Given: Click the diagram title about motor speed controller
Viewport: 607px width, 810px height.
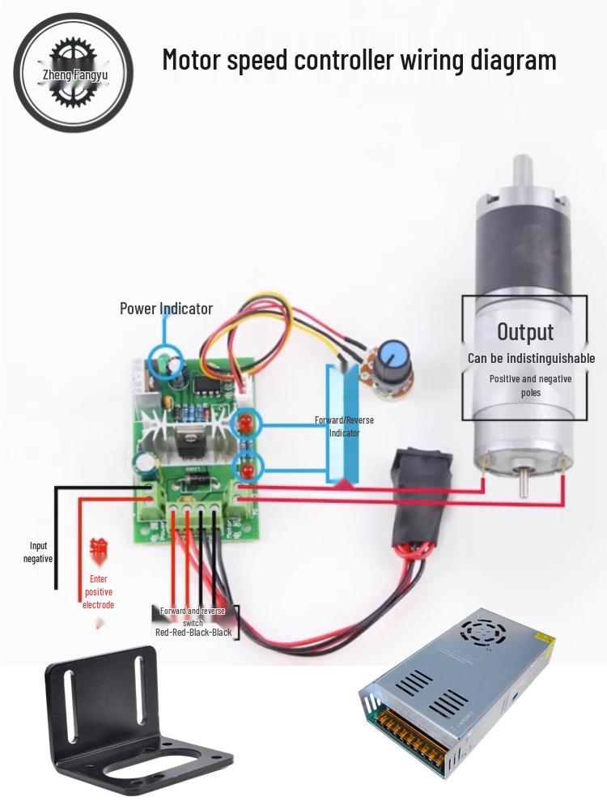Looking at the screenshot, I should (x=359, y=60).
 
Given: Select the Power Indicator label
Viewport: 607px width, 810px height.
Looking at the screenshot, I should (x=166, y=309).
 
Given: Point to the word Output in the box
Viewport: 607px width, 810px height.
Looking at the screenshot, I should (x=525, y=331).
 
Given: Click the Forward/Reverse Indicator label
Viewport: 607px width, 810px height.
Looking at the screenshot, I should (x=344, y=426).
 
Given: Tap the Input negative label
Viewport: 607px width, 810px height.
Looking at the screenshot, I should (x=38, y=552).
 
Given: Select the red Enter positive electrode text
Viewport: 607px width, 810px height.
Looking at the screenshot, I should (x=98, y=592).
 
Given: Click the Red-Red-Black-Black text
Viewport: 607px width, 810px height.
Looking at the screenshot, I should (x=193, y=632).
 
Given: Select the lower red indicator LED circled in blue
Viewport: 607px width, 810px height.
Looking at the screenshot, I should (x=245, y=467).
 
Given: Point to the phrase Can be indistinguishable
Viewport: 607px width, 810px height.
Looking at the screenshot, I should (x=531, y=358).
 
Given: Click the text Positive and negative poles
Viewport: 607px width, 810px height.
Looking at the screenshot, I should (x=531, y=386).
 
